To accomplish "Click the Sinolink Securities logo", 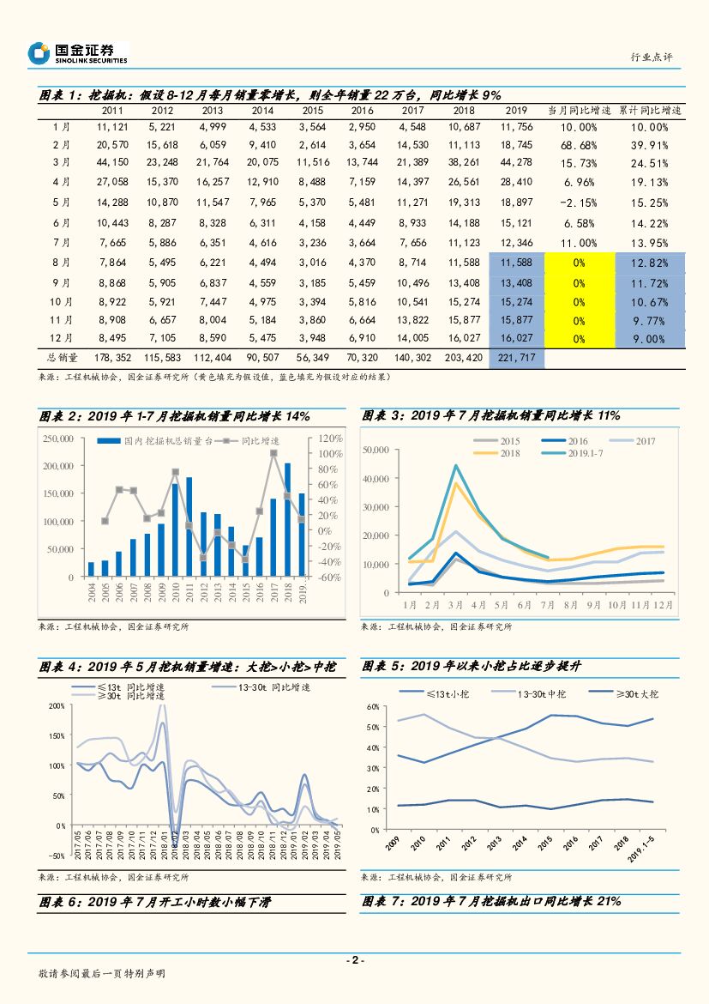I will [x=77, y=53].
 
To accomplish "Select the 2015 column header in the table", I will [x=313, y=111].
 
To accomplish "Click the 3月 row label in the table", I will [x=61, y=162].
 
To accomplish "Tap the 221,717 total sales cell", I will [x=516, y=357].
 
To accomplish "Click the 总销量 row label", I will [x=61, y=357].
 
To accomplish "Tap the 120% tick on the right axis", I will [x=331, y=438].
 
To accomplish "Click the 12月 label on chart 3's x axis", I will [x=663, y=605].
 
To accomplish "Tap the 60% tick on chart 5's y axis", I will [x=373, y=707].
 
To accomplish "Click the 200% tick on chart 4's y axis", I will [x=57, y=706].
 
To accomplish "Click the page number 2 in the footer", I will [x=354, y=960].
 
